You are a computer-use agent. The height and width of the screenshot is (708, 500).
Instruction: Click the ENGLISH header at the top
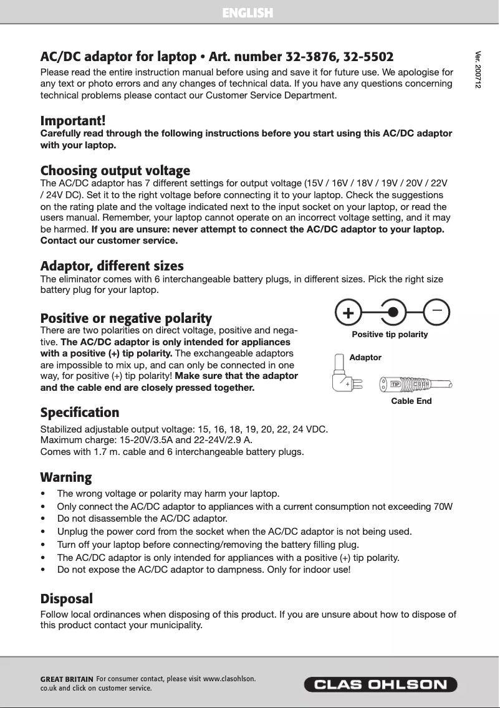(248, 12)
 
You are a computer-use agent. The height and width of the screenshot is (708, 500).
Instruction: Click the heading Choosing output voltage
(115, 170)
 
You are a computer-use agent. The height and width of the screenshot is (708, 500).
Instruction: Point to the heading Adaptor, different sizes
(112, 266)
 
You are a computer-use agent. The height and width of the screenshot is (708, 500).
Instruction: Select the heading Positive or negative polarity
(126, 318)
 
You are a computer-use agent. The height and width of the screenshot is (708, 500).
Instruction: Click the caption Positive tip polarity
(390, 335)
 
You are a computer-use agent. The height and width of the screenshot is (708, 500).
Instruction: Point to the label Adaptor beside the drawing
(365, 357)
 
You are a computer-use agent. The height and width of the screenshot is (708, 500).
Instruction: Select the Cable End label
(411, 401)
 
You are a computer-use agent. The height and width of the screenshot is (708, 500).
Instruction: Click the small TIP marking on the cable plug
(395, 383)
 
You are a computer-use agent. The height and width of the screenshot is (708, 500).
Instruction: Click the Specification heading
(80, 413)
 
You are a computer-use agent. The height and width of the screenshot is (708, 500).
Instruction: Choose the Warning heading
(66, 477)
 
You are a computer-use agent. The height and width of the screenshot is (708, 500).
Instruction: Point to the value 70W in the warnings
(443, 506)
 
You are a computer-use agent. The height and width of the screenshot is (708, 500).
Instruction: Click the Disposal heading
(67, 599)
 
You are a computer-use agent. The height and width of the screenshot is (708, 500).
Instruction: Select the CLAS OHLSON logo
(380, 684)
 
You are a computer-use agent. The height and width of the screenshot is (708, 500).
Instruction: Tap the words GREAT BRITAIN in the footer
(67, 679)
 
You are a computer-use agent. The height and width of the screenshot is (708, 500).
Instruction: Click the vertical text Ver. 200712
(478, 69)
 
